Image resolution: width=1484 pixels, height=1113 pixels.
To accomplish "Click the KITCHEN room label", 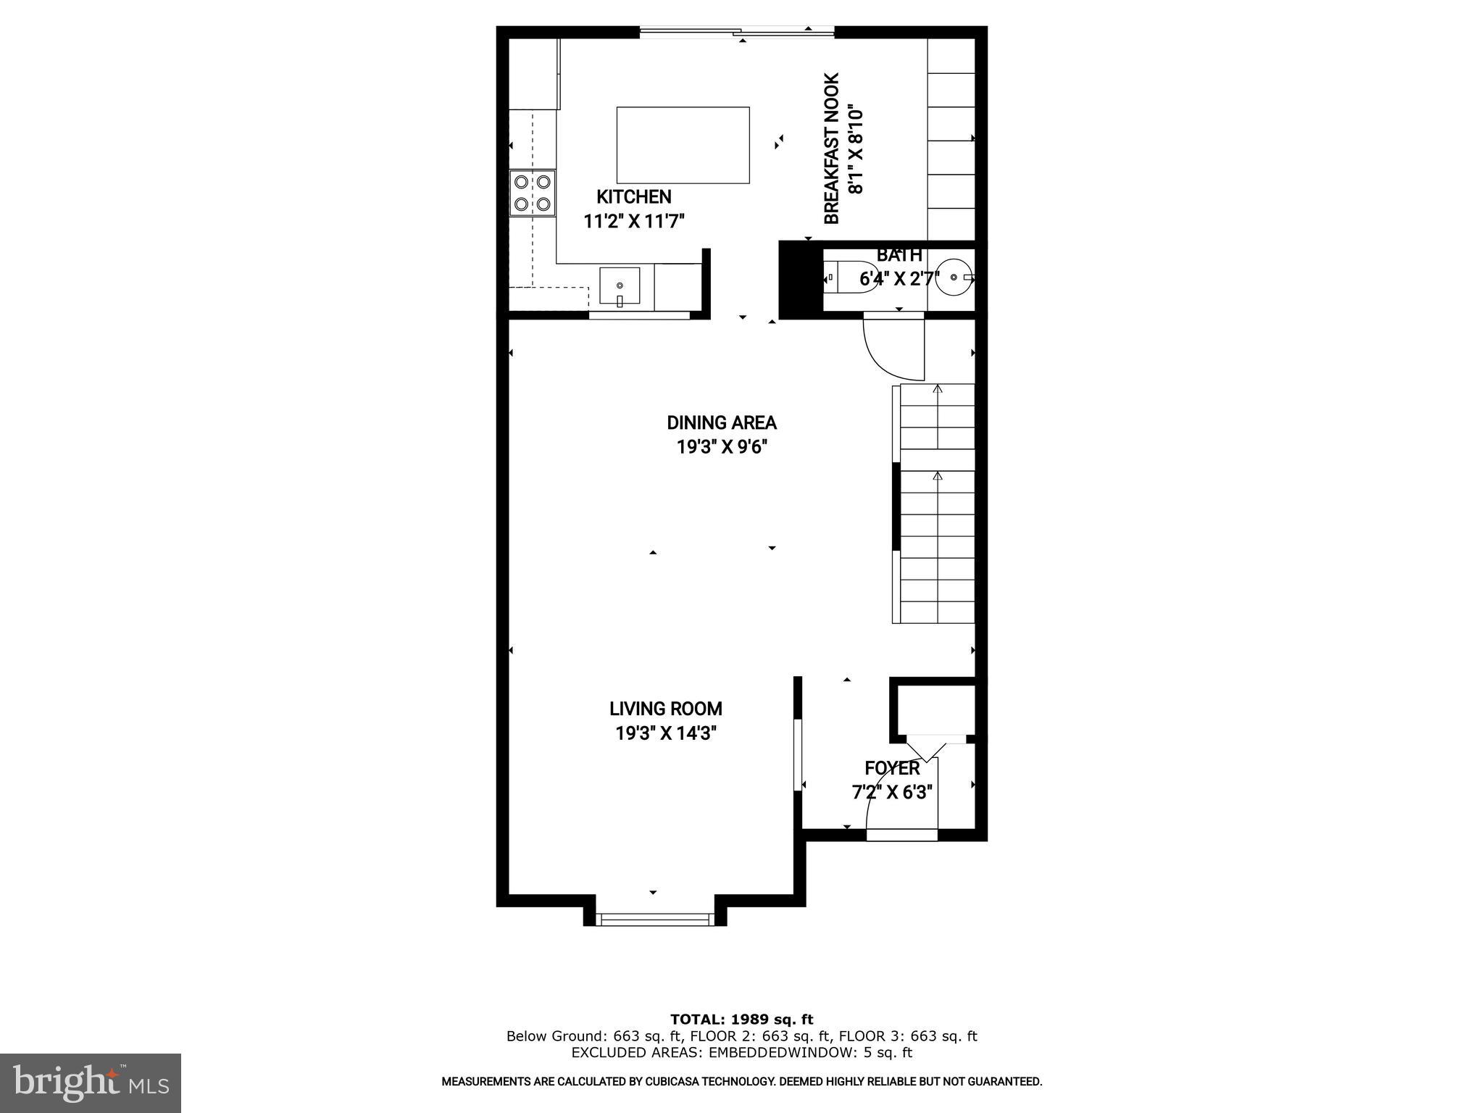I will click(x=633, y=196).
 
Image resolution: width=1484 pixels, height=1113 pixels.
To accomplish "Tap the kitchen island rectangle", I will click(x=683, y=145).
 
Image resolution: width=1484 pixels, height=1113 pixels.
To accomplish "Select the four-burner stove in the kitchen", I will click(x=532, y=193).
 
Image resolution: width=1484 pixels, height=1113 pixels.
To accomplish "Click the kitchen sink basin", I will click(x=620, y=286).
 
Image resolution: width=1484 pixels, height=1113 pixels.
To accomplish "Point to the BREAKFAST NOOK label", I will click(x=832, y=149).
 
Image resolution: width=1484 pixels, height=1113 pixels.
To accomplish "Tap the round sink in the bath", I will click(x=954, y=277).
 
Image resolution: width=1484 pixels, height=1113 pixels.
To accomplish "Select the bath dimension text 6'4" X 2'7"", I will click(x=899, y=279).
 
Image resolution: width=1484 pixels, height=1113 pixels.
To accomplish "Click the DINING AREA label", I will click(x=722, y=422).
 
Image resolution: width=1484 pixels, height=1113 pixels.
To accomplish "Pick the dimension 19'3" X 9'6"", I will click(x=722, y=447).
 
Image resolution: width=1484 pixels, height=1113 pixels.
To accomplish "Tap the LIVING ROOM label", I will click(x=665, y=709).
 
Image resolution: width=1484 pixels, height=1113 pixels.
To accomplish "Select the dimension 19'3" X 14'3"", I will click(x=665, y=733).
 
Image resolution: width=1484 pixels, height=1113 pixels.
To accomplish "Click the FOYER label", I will click(x=892, y=768).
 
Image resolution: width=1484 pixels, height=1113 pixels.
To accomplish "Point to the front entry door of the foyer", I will click(x=902, y=835).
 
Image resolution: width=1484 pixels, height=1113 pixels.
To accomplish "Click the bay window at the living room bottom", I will click(x=654, y=920).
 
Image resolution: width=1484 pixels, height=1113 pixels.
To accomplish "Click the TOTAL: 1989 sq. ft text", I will click(x=741, y=1020).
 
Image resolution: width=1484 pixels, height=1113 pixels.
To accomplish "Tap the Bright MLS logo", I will click(x=90, y=1083).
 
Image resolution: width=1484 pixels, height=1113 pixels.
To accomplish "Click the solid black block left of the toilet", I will click(x=800, y=279).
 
